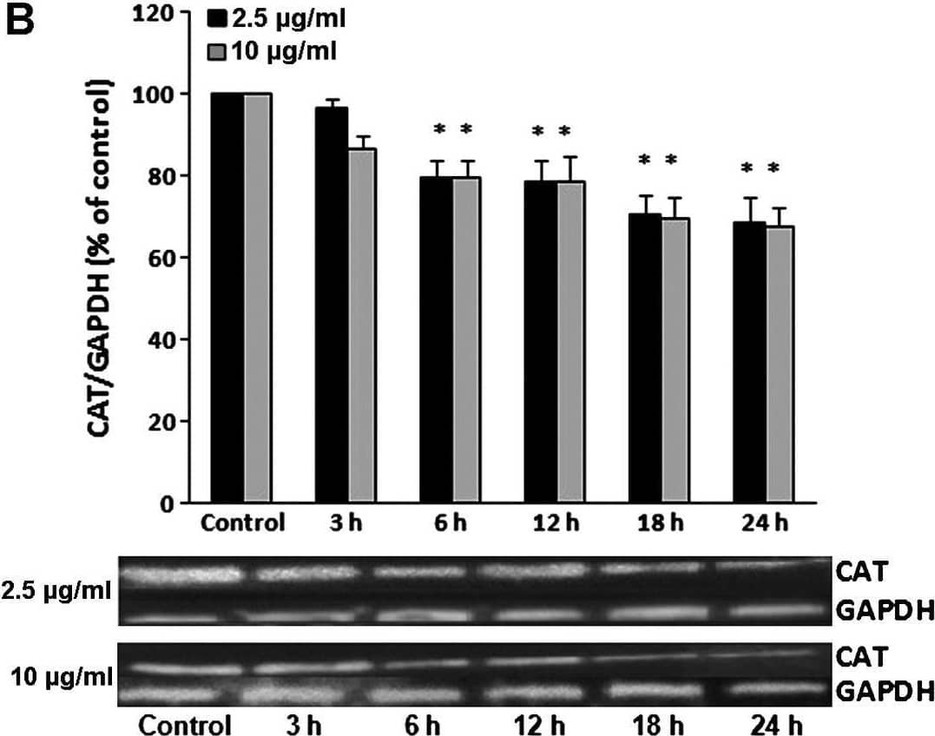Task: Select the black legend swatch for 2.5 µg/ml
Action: [216, 19]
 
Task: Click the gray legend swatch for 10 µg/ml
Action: [216, 51]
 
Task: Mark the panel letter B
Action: [21, 21]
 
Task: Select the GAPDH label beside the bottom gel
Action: [885, 691]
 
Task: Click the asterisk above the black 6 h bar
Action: [439, 130]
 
